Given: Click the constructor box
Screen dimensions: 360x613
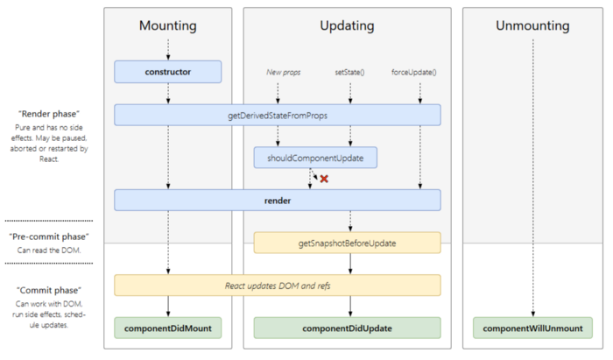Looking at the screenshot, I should [167, 71].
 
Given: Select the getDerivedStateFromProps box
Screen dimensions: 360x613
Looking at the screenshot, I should [277, 115].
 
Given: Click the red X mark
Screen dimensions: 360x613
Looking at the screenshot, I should [323, 179].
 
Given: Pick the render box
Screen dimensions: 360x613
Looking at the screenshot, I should [277, 201].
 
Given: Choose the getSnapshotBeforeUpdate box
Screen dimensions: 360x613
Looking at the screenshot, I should [347, 243].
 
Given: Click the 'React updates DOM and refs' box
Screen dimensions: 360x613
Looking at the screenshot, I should [277, 286].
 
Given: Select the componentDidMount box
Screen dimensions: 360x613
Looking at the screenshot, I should [167, 328].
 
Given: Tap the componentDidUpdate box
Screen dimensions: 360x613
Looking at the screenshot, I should [347, 328].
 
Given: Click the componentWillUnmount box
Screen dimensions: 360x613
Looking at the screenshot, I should [532, 328].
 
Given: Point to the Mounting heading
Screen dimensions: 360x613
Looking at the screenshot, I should [167, 26].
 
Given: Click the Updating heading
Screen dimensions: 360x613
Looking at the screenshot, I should [347, 26].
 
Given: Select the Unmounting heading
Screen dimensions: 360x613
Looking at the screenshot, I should [532, 26].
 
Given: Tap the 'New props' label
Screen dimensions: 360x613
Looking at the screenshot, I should [284, 71].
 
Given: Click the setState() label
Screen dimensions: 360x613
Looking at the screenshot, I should [350, 71].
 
